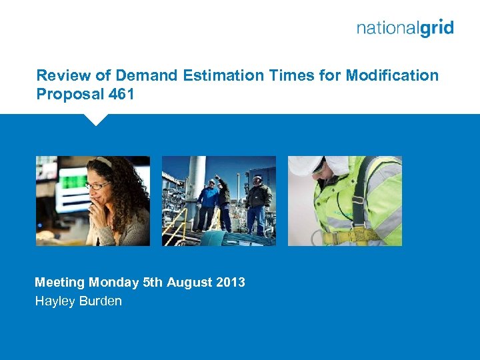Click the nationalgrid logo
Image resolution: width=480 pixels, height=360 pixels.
coord(405,28)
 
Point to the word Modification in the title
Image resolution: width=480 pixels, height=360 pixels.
coord(392,75)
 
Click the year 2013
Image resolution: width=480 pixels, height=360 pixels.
coord(230,282)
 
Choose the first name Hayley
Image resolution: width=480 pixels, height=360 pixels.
coord(54,301)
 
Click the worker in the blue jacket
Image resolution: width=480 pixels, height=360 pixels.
coord(209,199)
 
